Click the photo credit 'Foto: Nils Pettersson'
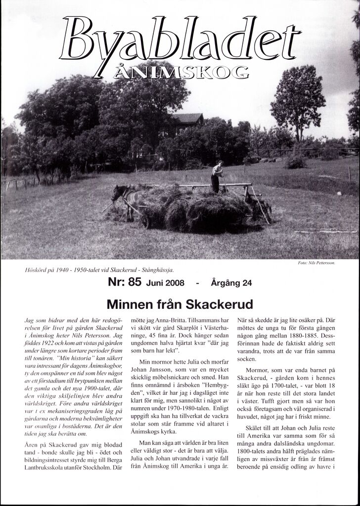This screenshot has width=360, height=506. pos(317,263)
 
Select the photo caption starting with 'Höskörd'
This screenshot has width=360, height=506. pos(99,270)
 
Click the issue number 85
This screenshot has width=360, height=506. pos(135,283)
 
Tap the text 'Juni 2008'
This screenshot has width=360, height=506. pos(165,283)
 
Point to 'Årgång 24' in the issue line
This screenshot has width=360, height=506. pos(231,283)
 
